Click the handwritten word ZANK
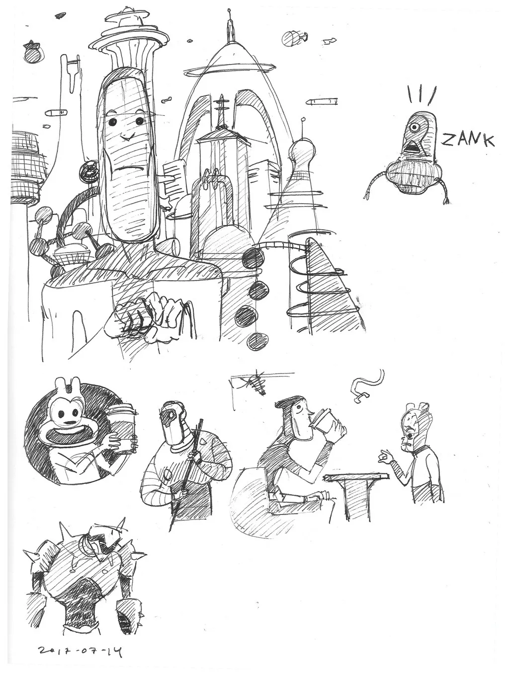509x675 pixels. (x=467, y=140)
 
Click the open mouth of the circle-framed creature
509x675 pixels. (x=65, y=434)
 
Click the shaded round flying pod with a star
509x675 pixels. (x=34, y=52)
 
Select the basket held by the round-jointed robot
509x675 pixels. (x=72, y=254)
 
